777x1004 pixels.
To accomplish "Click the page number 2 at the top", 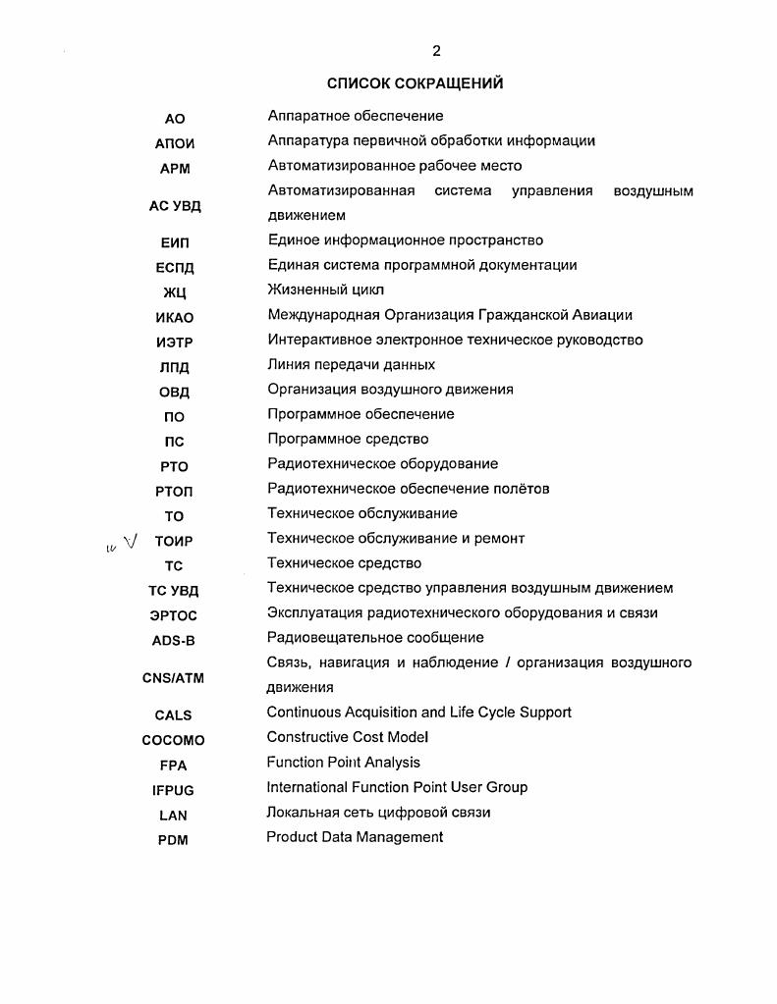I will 436,52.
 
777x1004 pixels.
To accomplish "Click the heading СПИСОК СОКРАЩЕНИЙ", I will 415,83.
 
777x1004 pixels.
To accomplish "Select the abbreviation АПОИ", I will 175,143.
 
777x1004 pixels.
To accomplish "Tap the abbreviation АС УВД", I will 174,205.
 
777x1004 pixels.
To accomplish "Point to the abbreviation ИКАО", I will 174,317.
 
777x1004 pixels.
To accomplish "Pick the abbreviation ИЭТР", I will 174,343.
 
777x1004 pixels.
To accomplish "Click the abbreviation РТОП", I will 174,491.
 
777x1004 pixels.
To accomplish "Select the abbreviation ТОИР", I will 174,541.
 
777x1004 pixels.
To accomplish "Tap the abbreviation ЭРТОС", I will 173,615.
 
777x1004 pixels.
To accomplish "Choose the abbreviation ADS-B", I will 173,641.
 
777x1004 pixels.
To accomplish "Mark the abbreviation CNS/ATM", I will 173,677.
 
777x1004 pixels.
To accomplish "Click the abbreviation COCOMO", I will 173,740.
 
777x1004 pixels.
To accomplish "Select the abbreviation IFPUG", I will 173,789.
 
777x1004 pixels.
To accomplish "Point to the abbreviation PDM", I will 173,840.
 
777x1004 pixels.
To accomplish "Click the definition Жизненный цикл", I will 325,290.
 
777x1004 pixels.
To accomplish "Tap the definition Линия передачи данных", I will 351,364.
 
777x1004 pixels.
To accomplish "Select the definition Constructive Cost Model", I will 347,737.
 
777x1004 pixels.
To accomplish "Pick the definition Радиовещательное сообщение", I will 375,638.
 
